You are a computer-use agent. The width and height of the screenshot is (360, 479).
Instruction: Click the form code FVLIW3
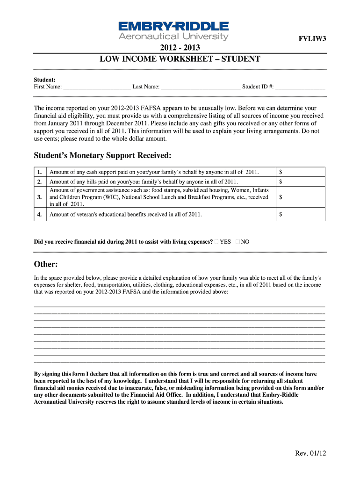[312, 39]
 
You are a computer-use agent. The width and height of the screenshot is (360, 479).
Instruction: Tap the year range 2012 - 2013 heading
[180, 48]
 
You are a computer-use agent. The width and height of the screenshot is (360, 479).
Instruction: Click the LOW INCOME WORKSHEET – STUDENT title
[180, 59]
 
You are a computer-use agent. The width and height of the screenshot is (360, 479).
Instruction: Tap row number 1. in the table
[40, 172]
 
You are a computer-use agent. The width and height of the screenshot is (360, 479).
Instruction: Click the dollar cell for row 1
[299, 172]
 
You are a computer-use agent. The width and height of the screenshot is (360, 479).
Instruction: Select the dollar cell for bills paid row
[299, 181]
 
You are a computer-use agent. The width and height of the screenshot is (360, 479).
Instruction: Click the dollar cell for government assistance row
[299, 197]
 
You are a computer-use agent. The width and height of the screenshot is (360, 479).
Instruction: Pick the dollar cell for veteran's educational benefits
[299, 214]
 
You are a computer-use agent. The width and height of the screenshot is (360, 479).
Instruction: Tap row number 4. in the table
[40, 214]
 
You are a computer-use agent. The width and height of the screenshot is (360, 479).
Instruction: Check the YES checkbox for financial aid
[216, 242]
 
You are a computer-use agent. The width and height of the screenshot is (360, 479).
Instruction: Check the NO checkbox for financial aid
[238, 242]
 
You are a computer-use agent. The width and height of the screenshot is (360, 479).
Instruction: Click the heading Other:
[46, 265]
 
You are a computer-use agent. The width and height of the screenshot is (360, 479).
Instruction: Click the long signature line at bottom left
[107, 430]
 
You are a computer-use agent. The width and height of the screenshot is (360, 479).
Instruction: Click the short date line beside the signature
[248, 430]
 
